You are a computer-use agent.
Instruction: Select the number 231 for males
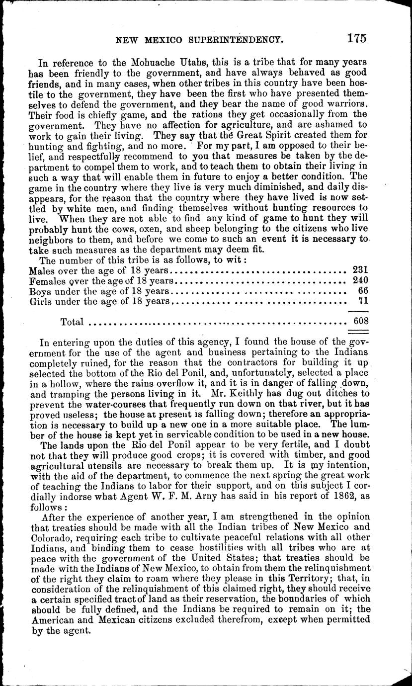(359, 270)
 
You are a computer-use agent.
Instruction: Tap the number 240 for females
(359, 280)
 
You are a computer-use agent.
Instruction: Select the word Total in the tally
(72, 322)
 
